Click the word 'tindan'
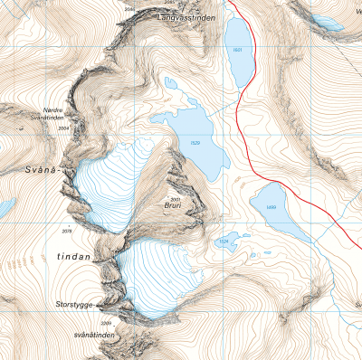click(x=74, y=257)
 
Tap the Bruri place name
click(x=174, y=206)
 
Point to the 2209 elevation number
click(x=105, y=323)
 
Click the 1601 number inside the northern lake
click(x=238, y=50)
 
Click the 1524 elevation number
click(x=223, y=242)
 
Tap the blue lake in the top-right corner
click(x=327, y=21)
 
